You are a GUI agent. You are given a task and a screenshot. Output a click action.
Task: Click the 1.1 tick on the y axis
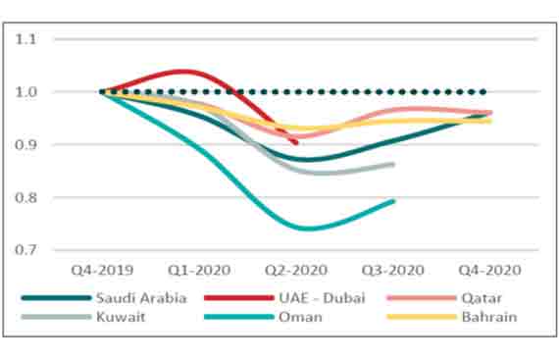coord(25,40)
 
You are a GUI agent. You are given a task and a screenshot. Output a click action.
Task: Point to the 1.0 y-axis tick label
coord(25,93)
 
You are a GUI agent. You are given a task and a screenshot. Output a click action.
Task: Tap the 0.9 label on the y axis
coord(25,145)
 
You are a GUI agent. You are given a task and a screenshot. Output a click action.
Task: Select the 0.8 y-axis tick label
coord(25,198)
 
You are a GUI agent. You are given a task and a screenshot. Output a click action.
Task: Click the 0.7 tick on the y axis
coord(25,250)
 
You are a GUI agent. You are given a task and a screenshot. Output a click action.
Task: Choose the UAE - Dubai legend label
coord(315,298)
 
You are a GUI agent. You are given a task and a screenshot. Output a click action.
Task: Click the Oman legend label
coord(297,316)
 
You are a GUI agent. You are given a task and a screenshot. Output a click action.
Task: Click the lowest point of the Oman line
coord(309,229)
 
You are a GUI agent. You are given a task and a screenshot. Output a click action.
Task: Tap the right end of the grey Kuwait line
coord(393,164)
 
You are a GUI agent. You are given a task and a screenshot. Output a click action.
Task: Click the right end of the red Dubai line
coord(296,143)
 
